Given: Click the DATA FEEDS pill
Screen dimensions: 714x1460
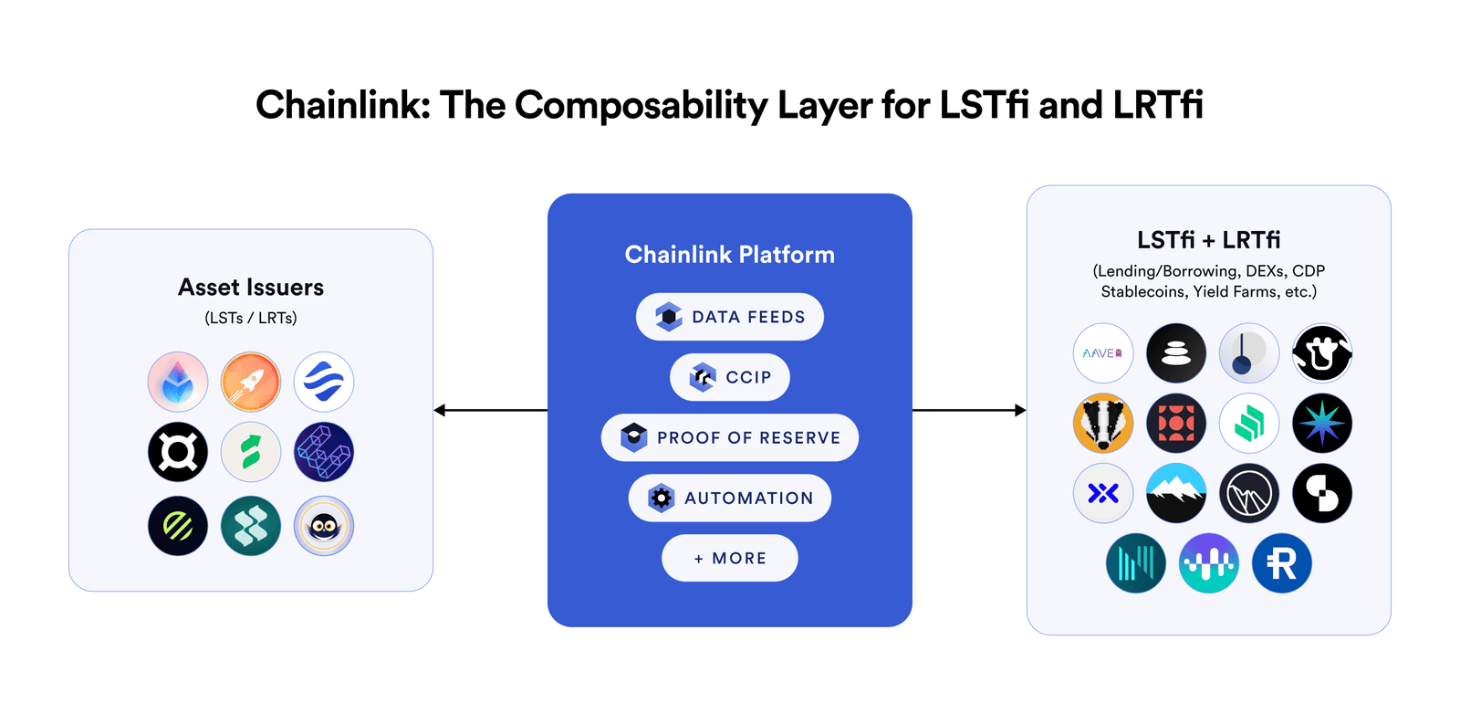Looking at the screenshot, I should point(730,317).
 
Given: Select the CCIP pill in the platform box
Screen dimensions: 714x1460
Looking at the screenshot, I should point(730,377).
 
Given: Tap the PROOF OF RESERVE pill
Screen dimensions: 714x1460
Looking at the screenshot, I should point(730,437).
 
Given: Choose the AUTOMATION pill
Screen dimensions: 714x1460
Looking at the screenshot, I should point(730,498).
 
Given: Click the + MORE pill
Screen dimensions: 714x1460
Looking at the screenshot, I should point(730,558).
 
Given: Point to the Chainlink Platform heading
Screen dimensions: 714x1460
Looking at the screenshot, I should point(729,255).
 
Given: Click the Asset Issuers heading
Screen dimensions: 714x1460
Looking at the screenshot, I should point(251,288).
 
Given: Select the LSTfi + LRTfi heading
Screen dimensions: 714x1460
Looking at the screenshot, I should point(1208,240).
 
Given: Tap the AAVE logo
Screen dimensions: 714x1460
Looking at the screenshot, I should point(1102,353).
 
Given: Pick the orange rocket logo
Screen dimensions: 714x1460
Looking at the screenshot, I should point(251,382).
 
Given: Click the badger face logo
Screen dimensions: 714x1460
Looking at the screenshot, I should point(1102,424).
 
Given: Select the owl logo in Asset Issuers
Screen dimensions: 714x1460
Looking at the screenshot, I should point(324,526).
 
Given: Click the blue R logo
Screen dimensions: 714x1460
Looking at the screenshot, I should point(1281,563).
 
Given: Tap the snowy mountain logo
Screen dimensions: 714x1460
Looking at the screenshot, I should point(1175,493).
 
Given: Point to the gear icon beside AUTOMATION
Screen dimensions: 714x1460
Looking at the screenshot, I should point(662,498).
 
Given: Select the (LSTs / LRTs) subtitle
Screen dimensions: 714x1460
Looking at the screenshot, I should point(251,318).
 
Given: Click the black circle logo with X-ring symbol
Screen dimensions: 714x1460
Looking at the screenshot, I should point(178,452).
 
